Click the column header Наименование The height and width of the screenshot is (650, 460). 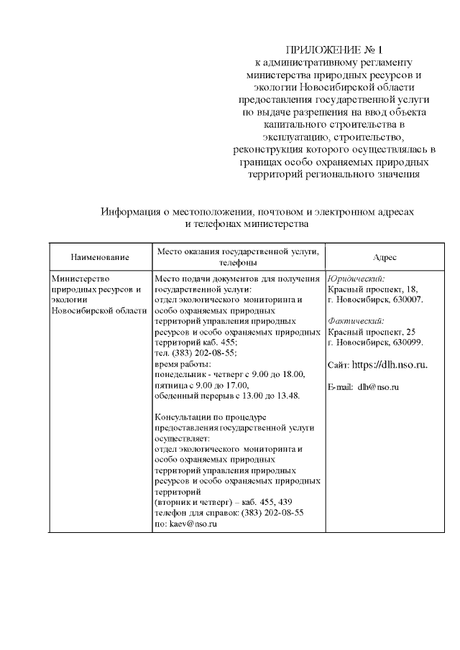(100, 257)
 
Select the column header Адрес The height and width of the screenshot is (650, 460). (385, 257)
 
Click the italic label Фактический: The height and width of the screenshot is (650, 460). (356, 321)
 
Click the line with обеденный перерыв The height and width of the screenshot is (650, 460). (227, 396)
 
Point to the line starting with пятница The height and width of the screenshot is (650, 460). (201, 385)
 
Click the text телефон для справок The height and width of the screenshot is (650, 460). (190, 514)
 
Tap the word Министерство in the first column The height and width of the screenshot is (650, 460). (79, 278)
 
